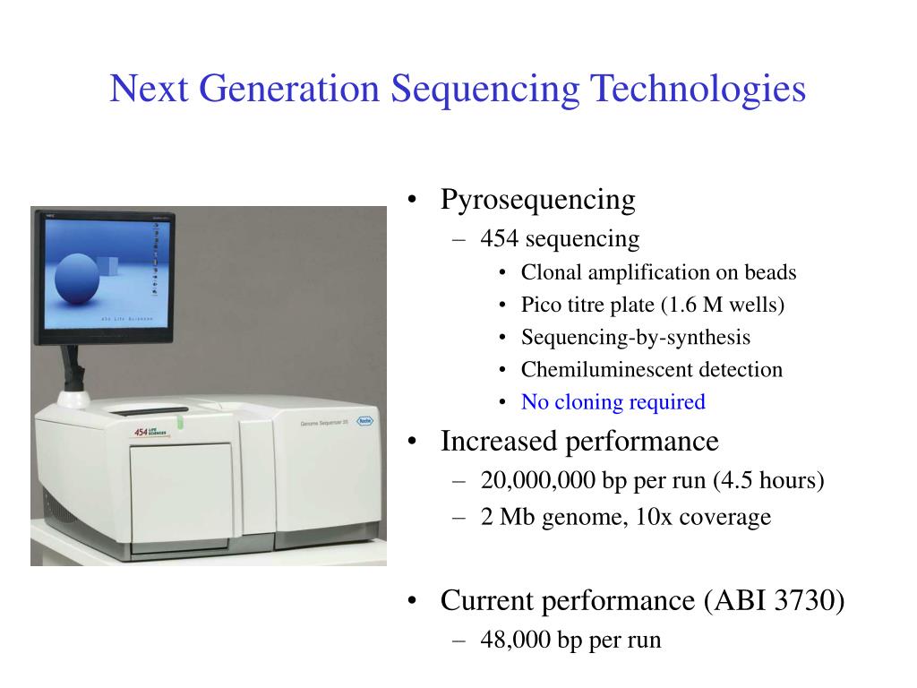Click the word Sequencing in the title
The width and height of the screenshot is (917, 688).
[484, 90]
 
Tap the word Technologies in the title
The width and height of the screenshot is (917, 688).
[698, 90]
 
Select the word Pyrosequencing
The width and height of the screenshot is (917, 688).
[537, 200]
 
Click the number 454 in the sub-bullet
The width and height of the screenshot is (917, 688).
[500, 238]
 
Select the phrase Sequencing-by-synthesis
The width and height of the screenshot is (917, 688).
[636, 338]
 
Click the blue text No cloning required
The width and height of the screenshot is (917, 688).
[613, 402]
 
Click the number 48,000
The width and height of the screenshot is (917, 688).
[515, 640]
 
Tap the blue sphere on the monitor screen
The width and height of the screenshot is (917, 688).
[77, 279]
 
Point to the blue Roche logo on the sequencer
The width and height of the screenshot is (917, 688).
[365, 421]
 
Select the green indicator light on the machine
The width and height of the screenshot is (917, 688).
[180, 422]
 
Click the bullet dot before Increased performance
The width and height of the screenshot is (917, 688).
[412, 442]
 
